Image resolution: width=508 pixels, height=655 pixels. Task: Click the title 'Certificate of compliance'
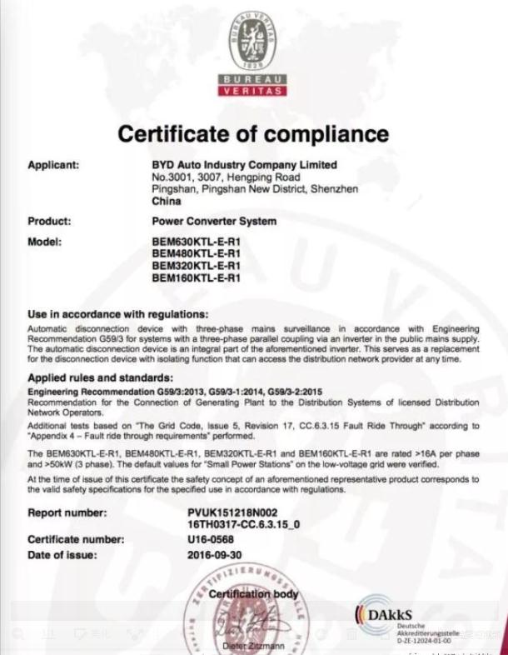click(253, 133)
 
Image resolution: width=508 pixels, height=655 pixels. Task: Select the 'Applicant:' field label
click(53, 165)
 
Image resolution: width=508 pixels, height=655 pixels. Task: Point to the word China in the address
click(167, 201)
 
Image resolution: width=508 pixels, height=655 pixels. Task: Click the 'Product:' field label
click(49, 222)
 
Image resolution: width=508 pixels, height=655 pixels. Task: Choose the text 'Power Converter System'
click(214, 222)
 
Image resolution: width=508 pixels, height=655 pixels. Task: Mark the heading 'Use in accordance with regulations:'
click(117, 314)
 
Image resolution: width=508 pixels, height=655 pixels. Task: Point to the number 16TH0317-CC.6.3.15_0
click(243, 524)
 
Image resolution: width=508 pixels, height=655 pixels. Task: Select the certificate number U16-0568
click(212, 539)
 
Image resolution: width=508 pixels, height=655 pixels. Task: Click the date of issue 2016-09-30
click(216, 554)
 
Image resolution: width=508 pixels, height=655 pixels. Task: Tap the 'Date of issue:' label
click(62, 554)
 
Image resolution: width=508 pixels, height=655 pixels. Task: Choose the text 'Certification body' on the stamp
click(253, 594)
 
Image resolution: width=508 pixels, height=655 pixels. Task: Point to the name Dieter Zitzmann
click(253, 646)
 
